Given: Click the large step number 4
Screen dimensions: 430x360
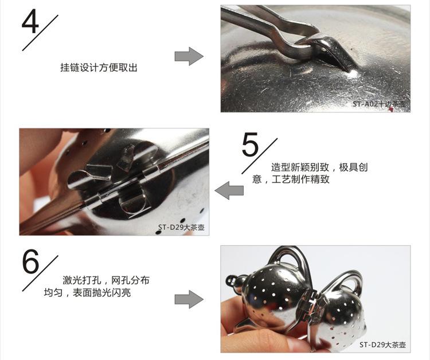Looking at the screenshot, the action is [30, 21].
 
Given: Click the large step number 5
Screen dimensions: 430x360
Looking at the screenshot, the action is [250, 144].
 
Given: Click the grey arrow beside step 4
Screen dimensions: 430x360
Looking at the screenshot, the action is [189, 57].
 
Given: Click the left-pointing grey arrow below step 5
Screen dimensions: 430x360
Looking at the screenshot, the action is [229, 190].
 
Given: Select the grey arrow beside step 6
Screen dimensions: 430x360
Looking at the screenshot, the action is [189, 299].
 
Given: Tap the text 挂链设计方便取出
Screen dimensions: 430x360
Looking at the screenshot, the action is [99, 68].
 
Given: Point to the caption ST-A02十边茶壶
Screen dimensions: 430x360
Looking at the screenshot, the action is [379, 104].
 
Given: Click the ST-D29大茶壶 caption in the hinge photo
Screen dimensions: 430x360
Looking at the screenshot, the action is [181, 228].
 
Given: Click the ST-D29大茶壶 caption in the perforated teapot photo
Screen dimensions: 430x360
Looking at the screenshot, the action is [382, 345].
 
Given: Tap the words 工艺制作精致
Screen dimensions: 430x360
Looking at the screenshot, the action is [300, 179].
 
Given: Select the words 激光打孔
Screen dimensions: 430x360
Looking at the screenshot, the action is [82, 280].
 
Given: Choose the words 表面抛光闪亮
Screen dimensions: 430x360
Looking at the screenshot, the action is [101, 293].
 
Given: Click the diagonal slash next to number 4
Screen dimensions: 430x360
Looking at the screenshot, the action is [40, 33].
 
